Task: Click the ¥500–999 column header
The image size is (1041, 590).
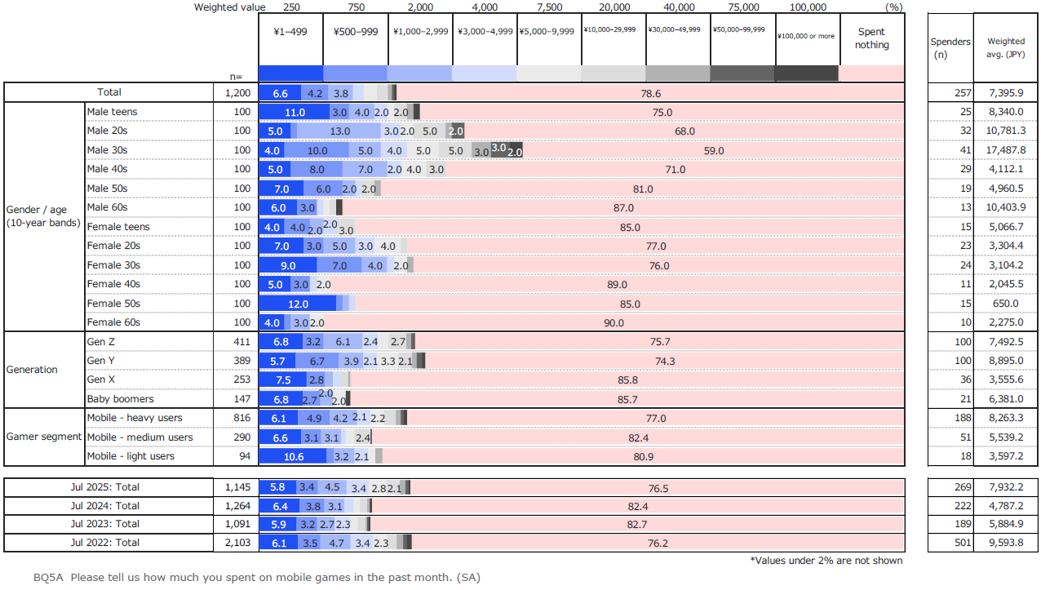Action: pos(356,32)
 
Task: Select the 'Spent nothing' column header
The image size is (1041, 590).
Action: pos(872,38)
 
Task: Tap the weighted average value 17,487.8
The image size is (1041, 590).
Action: pos(1006,150)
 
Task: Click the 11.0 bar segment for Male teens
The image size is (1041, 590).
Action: pos(294,112)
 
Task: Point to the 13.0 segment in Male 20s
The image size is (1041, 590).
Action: pos(339,131)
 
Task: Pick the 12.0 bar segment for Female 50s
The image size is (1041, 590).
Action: pos(298,304)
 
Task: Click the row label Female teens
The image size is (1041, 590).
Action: pos(118,226)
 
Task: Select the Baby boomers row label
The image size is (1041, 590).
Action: pos(120,399)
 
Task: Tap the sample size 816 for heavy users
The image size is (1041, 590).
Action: pos(241,418)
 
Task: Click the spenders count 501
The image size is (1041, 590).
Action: pos(963,543)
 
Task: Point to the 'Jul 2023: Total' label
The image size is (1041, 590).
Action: pos(104,524)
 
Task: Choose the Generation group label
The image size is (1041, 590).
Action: pos(32,370)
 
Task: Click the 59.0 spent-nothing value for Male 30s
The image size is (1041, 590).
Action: pos(713,151)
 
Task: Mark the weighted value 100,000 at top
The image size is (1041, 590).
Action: pos(808,7)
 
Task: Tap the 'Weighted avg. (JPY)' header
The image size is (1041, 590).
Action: pos(1006,47)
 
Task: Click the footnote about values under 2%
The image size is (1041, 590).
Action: pos(826,561)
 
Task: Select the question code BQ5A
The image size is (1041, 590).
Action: pos(48,578)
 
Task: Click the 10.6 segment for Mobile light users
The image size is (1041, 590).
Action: pos(293,456)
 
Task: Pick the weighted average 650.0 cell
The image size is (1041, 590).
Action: pos(1006,304)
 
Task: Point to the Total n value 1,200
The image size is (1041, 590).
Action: pos(237,92)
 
